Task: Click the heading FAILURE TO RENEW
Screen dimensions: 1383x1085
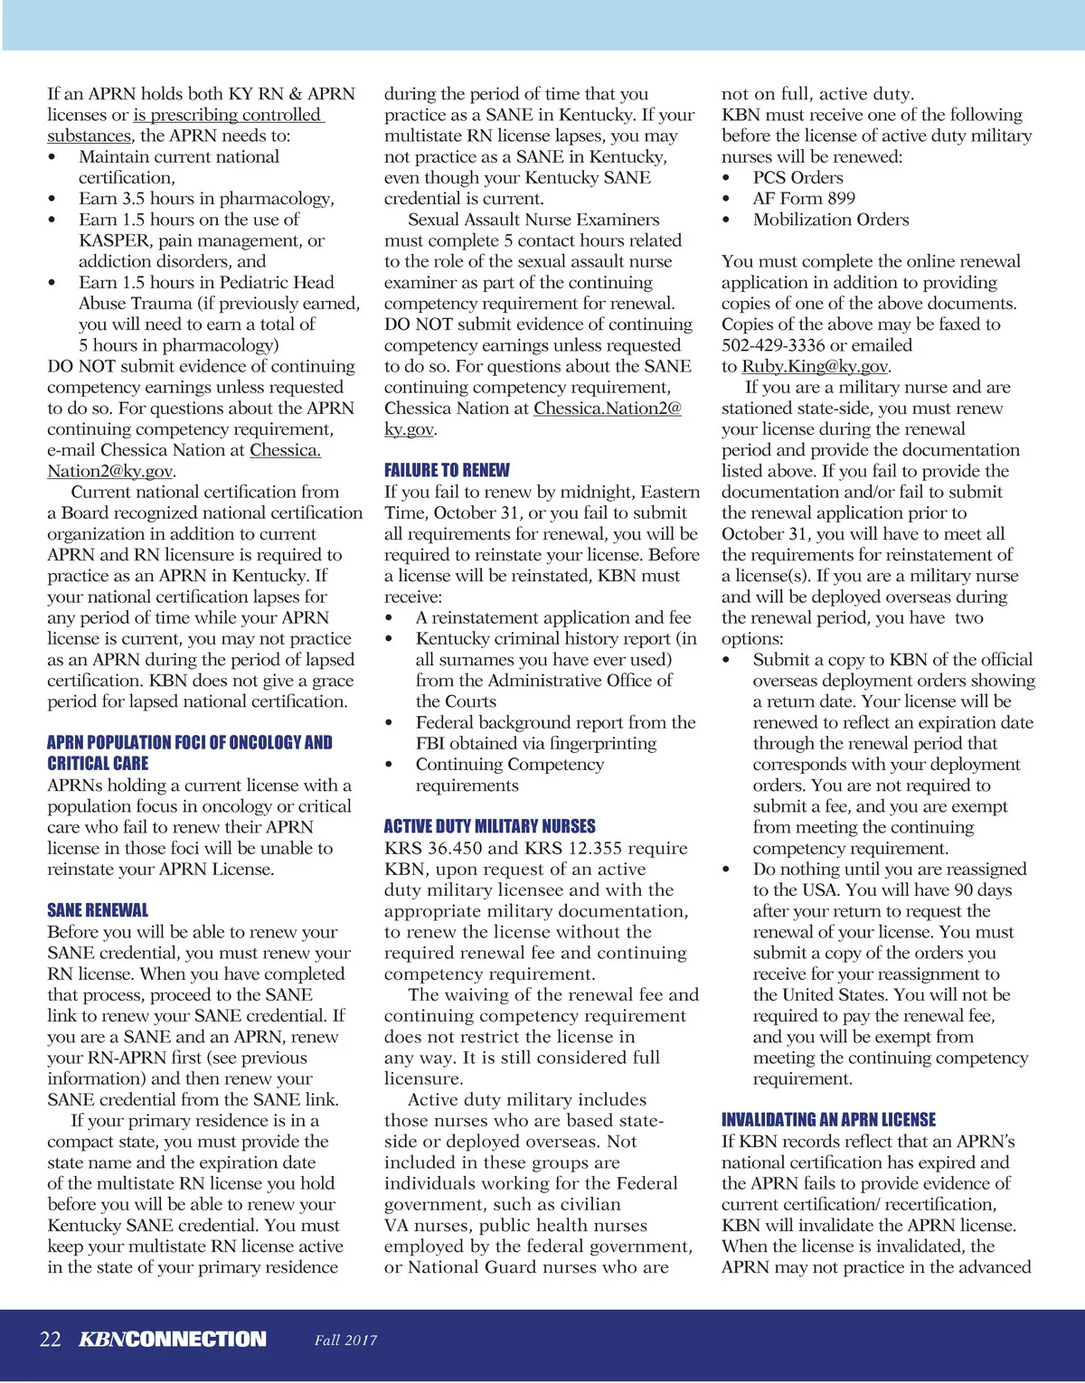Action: pos(447,470)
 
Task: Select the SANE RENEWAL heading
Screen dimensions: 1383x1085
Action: pos(98,910)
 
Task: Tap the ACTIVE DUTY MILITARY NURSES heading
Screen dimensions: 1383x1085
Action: pos(489,826)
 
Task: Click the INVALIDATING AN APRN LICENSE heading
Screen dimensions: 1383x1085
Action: pos(828,1119)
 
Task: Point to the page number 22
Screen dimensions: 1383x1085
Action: pos(51,1340)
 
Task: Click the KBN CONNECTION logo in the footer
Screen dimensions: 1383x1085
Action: pos(173,1340)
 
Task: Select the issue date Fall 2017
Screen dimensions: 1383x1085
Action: pos(345,1341)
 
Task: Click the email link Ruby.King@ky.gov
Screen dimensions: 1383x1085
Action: pos(816,366)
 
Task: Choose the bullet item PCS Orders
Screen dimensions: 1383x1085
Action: pos(797,178)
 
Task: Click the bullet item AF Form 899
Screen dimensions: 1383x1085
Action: pos(804,199)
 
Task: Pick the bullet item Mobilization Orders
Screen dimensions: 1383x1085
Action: pos(831,220)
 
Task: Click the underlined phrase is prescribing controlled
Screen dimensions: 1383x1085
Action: pos(228,116)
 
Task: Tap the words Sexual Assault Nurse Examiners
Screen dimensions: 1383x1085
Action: pos(533,220)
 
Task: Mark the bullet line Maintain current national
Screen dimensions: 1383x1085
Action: pos(179,157)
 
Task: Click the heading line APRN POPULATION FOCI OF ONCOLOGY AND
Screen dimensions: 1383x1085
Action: pos(190,743)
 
